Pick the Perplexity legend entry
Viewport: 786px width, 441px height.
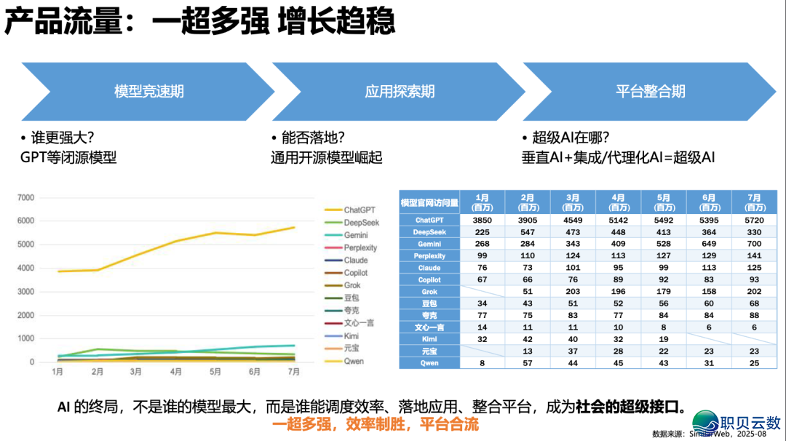click(x=360, y=247)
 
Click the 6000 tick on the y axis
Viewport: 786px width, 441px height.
click(x=25, y=220)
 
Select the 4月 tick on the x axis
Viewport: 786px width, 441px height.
click(x=176, y=372)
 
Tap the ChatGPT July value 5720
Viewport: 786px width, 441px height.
click(x=754, y=220)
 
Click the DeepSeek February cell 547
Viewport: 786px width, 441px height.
click(x=528, y=231)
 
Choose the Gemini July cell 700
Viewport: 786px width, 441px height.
click(x=754, y=244)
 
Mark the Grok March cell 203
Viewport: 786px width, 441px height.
click(x=573, y=291)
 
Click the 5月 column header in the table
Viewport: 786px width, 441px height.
click(x=663, y=202)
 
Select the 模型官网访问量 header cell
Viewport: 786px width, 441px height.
click(x=429, y=202)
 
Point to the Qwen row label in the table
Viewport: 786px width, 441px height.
click(x=429, y=362)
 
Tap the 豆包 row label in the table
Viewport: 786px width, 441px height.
click(x=429, y=303)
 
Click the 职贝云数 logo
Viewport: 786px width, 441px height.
click(x=735, y=421)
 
